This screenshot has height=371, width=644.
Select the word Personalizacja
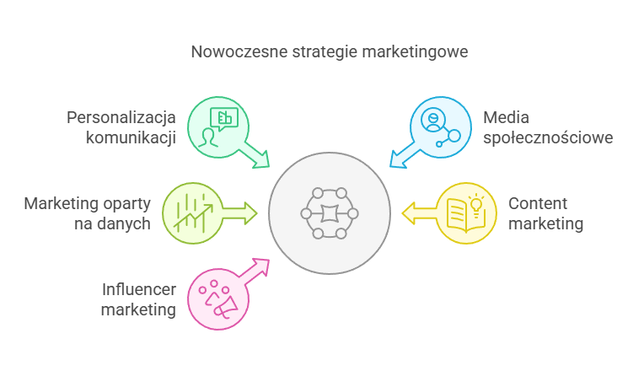pos(121,116)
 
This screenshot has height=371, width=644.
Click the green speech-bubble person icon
pos(217,126)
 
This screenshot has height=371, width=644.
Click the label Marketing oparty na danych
pos(87,213)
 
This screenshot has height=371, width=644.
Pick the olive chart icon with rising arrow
pos(191,212)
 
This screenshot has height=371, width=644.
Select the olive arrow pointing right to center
pos(238,212)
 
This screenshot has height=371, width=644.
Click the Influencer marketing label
pos(137,299)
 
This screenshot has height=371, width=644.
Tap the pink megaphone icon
pos(216,298)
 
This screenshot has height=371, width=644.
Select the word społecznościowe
pos(548,137)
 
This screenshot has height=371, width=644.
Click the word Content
pos(538,204)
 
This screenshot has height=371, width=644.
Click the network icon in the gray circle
pos(329,213)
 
